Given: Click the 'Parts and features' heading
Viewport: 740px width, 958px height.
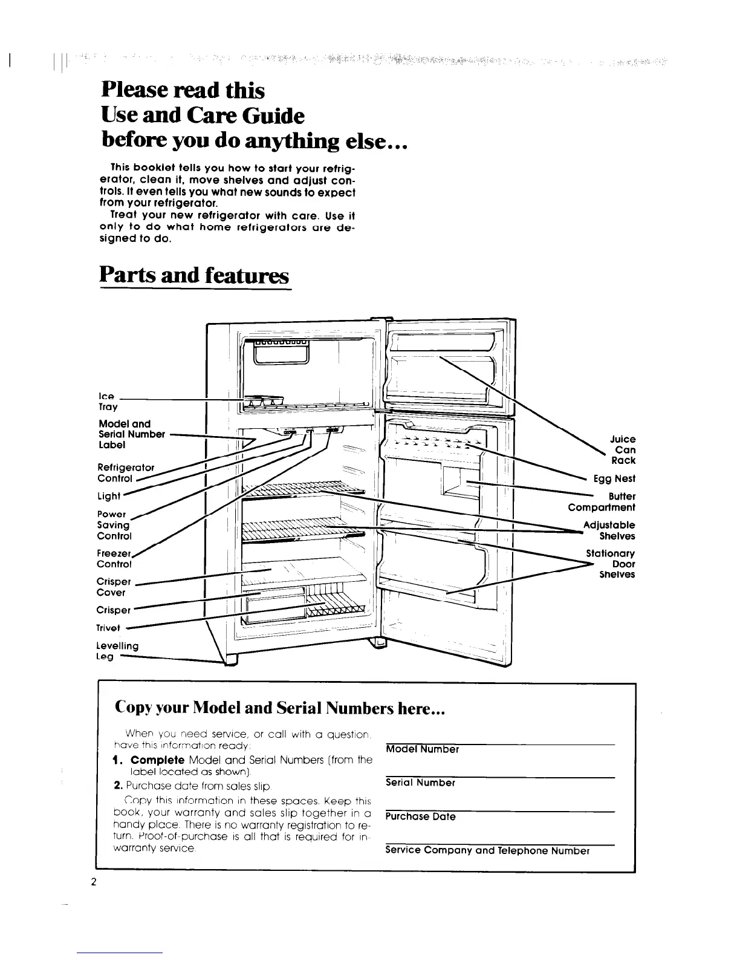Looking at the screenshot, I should pos(195,275).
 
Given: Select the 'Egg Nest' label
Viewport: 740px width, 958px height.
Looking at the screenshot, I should pos(614,478).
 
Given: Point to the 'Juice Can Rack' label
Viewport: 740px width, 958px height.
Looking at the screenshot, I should pos(622,450).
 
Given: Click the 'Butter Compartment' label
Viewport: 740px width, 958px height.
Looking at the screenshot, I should pos(602,502).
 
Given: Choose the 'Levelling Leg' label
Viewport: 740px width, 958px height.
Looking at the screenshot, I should pos(117,651).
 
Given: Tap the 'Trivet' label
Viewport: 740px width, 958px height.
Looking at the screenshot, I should pos(108,627).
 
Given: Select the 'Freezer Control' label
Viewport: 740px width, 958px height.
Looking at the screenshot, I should pos(114,559).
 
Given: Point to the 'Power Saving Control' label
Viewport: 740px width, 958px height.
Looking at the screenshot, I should pos(114,525).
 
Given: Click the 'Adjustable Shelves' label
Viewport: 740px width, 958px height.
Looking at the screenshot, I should pos(609,530).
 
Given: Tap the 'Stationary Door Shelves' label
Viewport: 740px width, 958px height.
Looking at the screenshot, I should pos(611,564).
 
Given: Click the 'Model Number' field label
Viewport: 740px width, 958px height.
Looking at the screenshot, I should pos(422,749).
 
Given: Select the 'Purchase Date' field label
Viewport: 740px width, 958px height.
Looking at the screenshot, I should pos(420,816).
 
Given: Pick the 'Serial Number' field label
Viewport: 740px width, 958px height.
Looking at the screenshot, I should pos(420,783).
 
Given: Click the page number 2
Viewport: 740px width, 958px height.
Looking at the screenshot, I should pos(94,881).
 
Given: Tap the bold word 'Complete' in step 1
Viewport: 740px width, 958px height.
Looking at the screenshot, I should pos(158,760).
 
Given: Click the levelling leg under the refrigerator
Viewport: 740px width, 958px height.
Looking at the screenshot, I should pos(231,660).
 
